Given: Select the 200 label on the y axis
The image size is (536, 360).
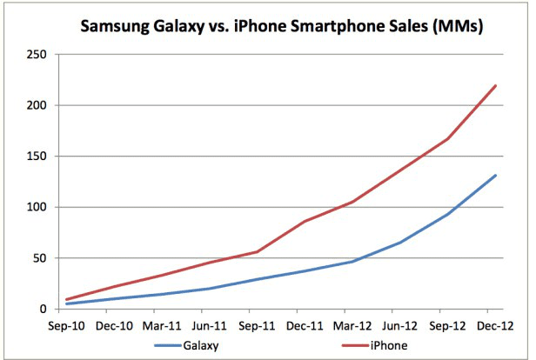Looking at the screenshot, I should click(35, 106).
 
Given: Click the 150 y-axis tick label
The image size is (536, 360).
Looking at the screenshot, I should click(35, 157).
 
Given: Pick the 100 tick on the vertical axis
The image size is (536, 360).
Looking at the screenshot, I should click(35, 208).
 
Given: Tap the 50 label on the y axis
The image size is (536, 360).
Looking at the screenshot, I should click(37, 258).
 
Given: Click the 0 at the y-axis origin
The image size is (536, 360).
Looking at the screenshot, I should click(41, 309).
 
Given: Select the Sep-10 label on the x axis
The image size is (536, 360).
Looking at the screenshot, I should click(67, 326).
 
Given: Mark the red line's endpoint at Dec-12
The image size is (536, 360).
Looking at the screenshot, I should click(495, 85).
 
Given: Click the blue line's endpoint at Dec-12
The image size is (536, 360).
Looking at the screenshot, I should click(495, 176).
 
